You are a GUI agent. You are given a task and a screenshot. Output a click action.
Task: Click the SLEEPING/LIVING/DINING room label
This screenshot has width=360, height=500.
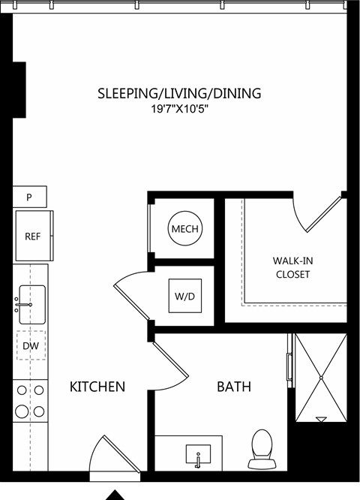pos(179,93)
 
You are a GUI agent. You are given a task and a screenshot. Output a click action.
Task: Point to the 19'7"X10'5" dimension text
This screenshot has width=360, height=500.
pos(179,110)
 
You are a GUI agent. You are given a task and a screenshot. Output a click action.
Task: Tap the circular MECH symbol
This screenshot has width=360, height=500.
pos(184,228)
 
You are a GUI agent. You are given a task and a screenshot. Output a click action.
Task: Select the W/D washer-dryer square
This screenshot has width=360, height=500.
pos(185,296)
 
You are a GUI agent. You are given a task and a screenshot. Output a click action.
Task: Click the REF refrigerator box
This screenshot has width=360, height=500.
pos(33,236)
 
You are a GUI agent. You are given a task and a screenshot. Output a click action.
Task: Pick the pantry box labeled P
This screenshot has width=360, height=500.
pos(30,197)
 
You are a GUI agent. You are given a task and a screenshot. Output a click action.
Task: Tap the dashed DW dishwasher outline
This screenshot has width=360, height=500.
pos(31,345)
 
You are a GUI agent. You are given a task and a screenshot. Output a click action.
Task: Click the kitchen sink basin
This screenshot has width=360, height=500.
pos(32,305)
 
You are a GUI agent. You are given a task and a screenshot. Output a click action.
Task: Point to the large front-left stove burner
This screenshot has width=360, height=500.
pos(22,411)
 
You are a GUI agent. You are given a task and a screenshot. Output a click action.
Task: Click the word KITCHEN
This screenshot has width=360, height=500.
pos(97,387)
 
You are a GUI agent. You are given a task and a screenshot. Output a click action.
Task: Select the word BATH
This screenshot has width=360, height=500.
pos(234,387)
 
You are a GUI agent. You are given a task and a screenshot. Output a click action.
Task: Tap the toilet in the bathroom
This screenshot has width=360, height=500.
pos(262,449)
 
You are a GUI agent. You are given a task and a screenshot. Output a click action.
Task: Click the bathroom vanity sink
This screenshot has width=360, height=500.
pos(198,454)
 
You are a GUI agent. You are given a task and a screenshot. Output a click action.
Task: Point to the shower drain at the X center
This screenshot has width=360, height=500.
pos(321,378)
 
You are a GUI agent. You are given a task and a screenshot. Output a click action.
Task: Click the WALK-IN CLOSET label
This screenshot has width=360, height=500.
pos(292,267)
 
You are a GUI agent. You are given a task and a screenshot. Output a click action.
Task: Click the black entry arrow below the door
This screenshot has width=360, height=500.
pos(115,495)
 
